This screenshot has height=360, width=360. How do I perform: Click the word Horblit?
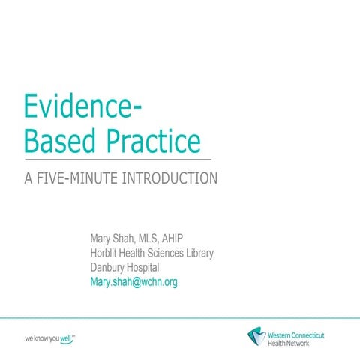point(106,253)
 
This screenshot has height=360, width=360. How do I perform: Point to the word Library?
point(198,253)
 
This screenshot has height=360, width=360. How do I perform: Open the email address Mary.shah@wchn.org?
point(133,282)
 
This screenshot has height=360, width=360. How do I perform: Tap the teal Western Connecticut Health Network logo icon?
point(256,335)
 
